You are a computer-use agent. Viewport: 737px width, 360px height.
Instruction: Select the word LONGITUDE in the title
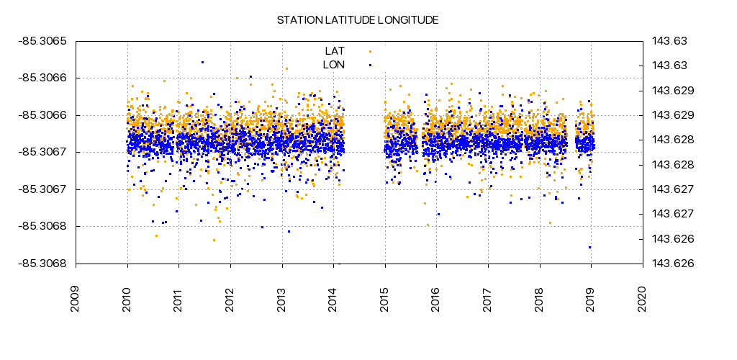(407, 20)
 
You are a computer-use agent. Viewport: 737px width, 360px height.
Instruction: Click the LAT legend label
(335, 51)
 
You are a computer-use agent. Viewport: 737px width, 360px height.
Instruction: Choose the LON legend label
(334, 65)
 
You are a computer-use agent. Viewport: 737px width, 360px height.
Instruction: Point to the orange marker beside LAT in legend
(370, 51)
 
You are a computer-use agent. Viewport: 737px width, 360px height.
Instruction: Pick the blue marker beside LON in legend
(370, 65)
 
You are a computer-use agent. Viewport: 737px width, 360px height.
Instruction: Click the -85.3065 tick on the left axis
(42, 41)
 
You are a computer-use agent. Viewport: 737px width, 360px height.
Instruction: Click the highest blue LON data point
(202, 62)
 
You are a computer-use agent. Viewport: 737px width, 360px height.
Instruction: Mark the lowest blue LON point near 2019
(589, 247)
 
